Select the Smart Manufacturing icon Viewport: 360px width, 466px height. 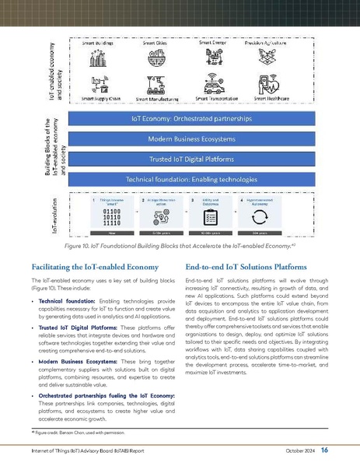coord(156,84)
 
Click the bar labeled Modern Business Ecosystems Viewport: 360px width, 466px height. coord(191,138)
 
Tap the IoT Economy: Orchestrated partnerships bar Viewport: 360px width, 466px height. coord(191,120)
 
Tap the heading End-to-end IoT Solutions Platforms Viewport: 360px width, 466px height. coord(246,265)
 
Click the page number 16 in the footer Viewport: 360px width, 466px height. coord(323,450)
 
